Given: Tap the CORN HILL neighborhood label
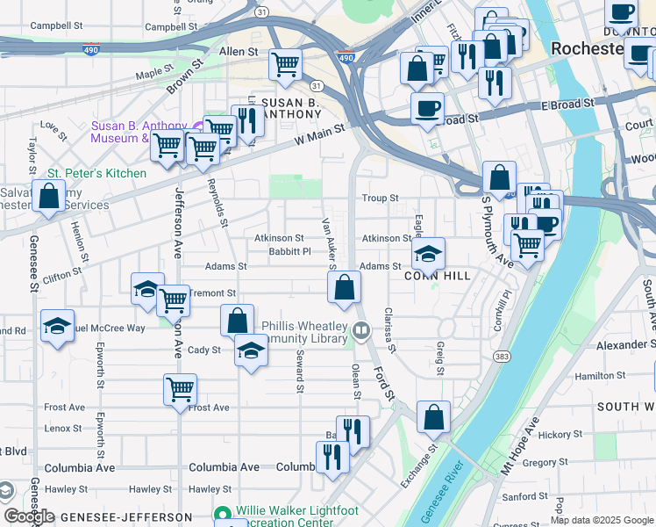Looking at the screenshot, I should [x=437, y=276].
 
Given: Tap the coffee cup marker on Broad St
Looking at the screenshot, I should [x=427, y=109].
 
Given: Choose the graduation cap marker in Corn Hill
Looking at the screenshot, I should [x=427, y=254].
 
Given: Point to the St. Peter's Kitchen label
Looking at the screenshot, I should [x=96, y=173].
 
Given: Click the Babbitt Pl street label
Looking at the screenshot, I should [x=289, y=251].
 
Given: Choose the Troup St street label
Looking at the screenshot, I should [x=381, y=199].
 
